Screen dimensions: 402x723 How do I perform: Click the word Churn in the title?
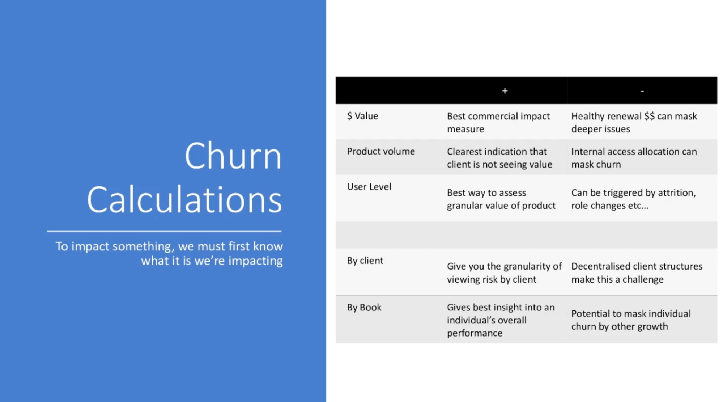(x=233, y=156)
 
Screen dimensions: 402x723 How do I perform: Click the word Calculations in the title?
(x=184, y=199)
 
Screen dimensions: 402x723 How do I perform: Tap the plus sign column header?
(x=505, y=91)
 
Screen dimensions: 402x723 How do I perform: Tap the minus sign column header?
(x=642, y=91)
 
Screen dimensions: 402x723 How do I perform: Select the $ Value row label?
(x=362, y=116)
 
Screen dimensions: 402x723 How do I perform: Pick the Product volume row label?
(x=380, y=151)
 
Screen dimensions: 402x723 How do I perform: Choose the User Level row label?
(x=369, y=187)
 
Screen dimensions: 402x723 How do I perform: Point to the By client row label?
(x=365, y=261)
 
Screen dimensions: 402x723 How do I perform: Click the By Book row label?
(x=364, y=307)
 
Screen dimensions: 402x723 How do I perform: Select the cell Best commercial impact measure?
(x=498, y=122)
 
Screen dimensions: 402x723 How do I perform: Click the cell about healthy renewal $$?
(x=634, y=122)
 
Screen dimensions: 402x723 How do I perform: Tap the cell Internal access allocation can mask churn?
(x=634, y=158)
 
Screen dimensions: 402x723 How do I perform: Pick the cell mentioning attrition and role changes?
(x=633, y=199)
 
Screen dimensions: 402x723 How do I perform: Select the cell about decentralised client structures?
(x=637, y=272)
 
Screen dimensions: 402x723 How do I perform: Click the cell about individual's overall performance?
(x=501, y=320)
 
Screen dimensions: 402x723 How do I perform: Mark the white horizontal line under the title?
(x=164, y=231)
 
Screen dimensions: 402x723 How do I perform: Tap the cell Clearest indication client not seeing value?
(x=499, y=158)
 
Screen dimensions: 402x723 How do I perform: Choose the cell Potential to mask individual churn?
(x=631, y=320)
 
